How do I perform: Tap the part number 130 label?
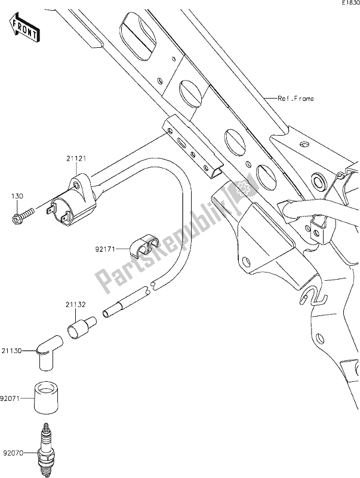click(x=19, y=195)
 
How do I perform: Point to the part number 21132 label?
click(x=75, y=305)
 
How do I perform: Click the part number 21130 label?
click(x=13, y=353)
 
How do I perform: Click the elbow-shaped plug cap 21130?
click(x=46, y=353)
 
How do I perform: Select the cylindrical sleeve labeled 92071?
click(x=46, y=396)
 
